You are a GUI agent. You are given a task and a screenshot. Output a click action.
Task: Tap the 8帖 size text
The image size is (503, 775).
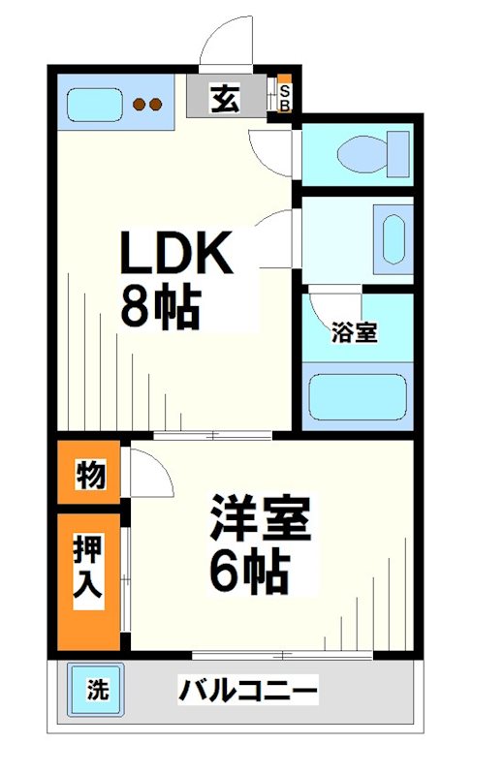pos(160,308)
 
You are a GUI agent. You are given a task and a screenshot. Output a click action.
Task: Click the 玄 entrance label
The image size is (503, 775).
pos(225,98)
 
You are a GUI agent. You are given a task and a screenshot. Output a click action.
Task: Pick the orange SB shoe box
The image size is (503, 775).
pos(285,94)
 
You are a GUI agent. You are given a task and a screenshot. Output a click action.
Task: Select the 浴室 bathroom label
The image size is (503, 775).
pos(354,332)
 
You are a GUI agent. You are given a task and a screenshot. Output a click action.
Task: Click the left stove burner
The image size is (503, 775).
pos(139,104)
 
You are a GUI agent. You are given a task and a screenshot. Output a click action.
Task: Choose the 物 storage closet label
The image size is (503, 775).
pos(90,476)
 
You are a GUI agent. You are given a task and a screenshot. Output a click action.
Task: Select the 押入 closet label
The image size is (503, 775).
pos(89,577)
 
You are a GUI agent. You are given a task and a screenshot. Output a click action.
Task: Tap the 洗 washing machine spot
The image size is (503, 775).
pos(96,691)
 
